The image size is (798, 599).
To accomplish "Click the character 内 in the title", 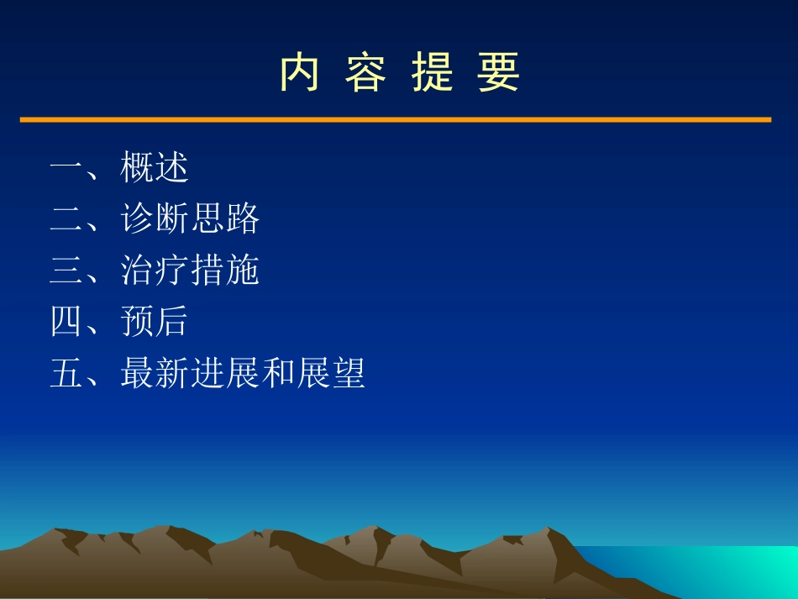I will (x=299, y=72).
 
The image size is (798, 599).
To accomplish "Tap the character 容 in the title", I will (x=365, y=72).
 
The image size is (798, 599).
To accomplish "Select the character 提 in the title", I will (x=432, y=72).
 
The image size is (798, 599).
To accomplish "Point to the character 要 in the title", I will (x=499, y=72).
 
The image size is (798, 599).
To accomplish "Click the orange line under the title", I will (x=395, y=120).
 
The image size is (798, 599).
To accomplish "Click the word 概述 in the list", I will (x=155, y=167).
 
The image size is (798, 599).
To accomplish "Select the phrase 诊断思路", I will (x=190, y=218).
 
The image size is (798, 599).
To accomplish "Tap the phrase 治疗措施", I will (x=190, y=271).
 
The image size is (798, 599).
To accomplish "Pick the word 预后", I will (x=155, y=322).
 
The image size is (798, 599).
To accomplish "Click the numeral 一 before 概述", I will (x=66, y=167).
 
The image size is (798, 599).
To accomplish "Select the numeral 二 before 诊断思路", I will (x=66, y=218).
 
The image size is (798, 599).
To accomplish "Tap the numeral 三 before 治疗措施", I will (x=66, y=271).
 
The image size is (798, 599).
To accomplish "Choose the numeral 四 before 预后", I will (x=66, y=322).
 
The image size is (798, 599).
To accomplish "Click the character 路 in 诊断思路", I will (x=243, y=218).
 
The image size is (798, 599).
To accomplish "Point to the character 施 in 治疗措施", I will (x=243, y=271).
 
